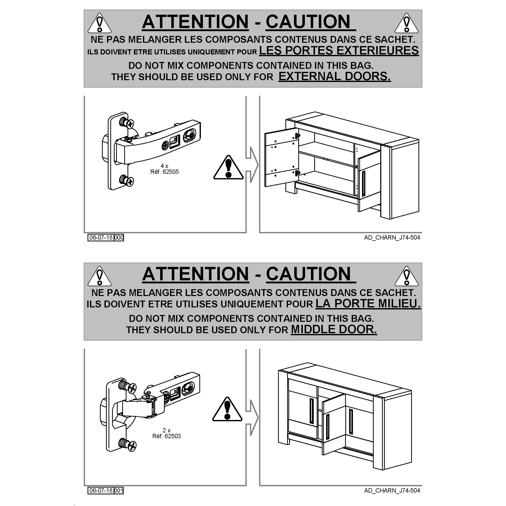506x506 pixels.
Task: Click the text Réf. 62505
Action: coord(164,172)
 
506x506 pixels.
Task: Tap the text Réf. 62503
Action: coord(166,436)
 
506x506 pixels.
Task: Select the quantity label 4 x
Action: coord(164,166)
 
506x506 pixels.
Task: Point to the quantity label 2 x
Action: coord(166,430)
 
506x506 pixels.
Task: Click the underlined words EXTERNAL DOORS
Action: coord(334,76)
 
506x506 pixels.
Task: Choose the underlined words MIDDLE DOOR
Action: coord(334,329)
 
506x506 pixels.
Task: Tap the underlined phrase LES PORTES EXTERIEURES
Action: coord(339,50)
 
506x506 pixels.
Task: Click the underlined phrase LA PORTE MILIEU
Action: coord(368,303)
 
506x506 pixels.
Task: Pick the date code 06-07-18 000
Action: coord(106,238)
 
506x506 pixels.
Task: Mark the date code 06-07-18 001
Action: coord(106,491)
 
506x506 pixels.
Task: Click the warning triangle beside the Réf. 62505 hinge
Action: coord(228,168)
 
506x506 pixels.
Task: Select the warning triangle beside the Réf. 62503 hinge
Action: coord(227,410)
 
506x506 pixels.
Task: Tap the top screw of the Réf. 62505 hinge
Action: coord(127,122)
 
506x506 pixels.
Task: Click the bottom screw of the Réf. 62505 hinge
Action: coord(127,180)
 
